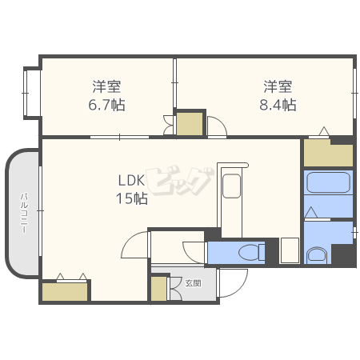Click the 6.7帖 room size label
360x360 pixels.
pyautogui.click(x=106, y=105)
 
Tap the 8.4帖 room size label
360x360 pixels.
pyautogui.click(x=278, y=105)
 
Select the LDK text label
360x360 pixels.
pyautogui.click(x=131, y=181)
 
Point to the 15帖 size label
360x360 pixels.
pyautogui.click(x=132, y=198)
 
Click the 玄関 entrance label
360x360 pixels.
pyautogui.click(x=193, y=283)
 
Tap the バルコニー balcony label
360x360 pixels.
pyautogui.click(x=24, y=214)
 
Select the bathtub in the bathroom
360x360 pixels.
pyautogui.click(x=328, y=182)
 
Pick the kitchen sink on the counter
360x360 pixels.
pyautogui.click(x=232, y=186)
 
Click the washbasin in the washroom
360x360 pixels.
pyautogui.click(x=317, y=255)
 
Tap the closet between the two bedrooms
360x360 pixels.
pyautogui.click(x=190, y=124)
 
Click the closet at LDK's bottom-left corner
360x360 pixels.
pyautogui.click(x=65, y=292)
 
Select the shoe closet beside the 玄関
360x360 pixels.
pyautogui.click(x=158, y=289)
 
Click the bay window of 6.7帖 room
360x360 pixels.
pyautogui.click(x=32, y=93)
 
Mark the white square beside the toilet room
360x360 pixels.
pyautogui.click(x=290, y=250)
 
